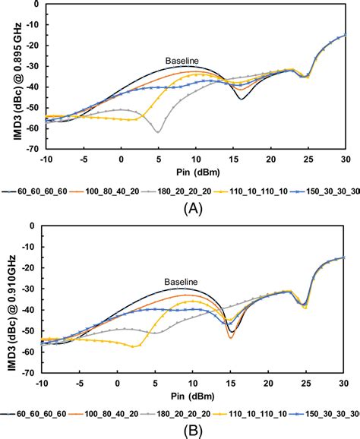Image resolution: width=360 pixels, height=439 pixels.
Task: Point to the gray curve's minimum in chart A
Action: (158, 132)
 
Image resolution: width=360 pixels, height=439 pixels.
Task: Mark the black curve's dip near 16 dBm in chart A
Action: (241, 99)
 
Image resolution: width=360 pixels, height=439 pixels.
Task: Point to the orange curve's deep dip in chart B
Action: (231, 336)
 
